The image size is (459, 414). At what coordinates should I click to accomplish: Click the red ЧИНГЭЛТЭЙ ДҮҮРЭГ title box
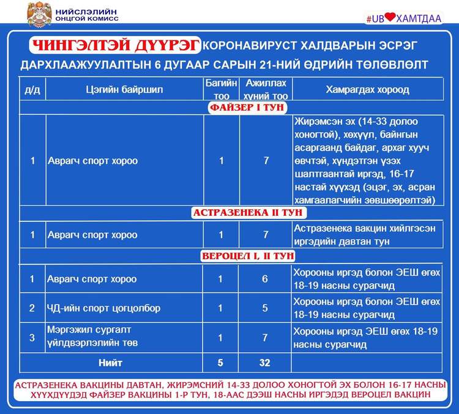[x=115, y=45]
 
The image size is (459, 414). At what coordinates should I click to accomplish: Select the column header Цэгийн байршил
[x=124, y=90]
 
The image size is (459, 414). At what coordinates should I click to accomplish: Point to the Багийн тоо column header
[x=221, y=90]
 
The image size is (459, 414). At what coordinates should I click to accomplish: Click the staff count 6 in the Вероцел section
[x=264, y=279]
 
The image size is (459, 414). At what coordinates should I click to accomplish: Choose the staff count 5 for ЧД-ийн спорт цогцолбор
[x=264, y=309]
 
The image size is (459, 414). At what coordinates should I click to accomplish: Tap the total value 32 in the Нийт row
[x=264, y=363]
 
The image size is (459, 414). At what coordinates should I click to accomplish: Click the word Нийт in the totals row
[x=111, y=363]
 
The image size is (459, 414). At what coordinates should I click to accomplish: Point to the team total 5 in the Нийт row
[x=221, y=363]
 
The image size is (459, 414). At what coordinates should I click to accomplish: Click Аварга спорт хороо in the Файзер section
[x=93, y=161]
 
